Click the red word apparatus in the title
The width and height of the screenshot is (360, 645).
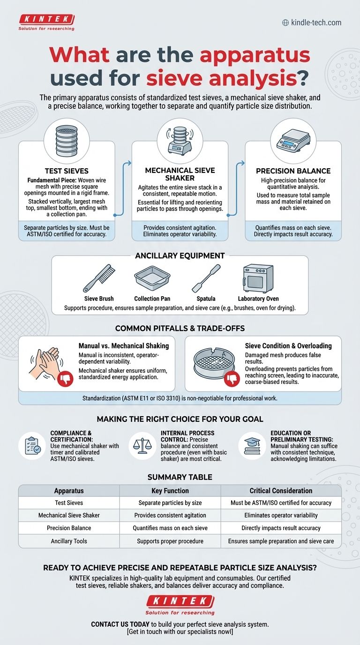click(x=255, y=56)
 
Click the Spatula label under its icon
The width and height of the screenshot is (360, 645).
click(x=206, y=299)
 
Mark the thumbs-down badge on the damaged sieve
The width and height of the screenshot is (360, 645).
click(x=232, y=378)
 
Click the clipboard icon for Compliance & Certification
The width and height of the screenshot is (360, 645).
click(x=32, y=445)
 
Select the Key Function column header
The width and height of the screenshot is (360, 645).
click(x=170, y=491)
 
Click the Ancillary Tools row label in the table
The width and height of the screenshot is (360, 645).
click(x=69, y=541)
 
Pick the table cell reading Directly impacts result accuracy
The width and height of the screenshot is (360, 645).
click(x=281, y=528)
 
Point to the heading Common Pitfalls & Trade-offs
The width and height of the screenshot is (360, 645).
click(x=180, y=328)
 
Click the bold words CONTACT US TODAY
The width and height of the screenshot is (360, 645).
click(x=120, y=624)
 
